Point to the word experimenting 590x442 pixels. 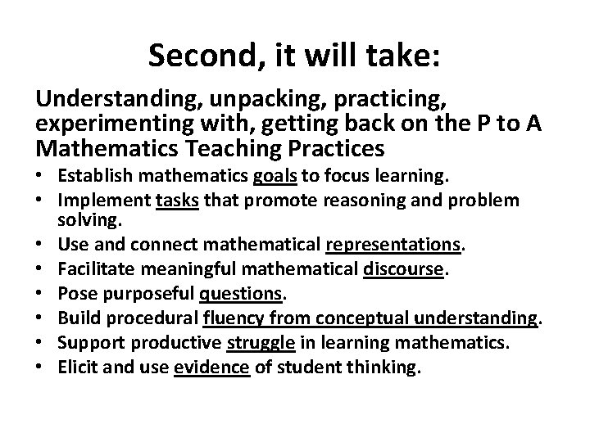114,125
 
